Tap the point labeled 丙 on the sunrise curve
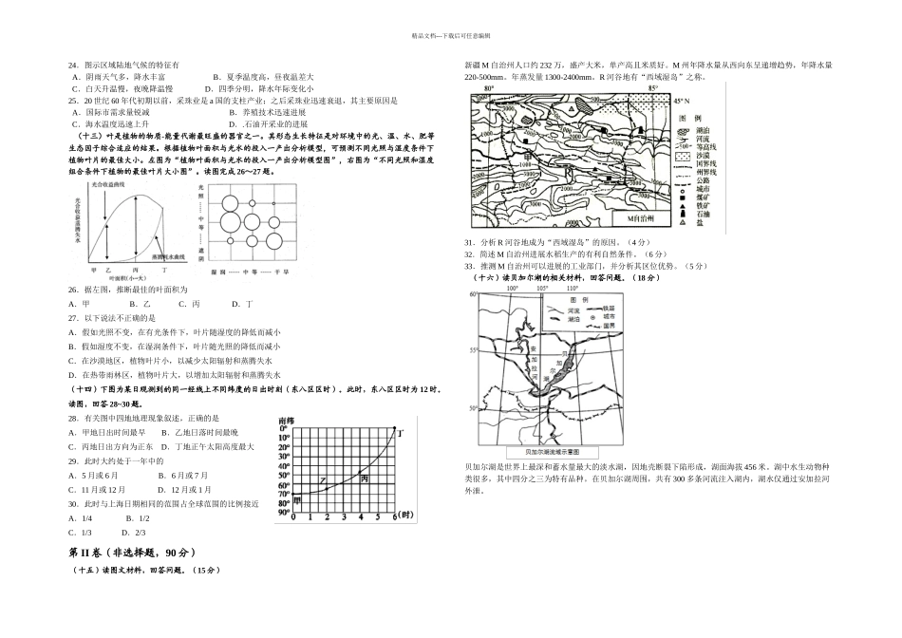[x=366, y=478]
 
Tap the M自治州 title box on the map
[x=648, y=218]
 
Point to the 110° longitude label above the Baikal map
[x=572, y=288]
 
